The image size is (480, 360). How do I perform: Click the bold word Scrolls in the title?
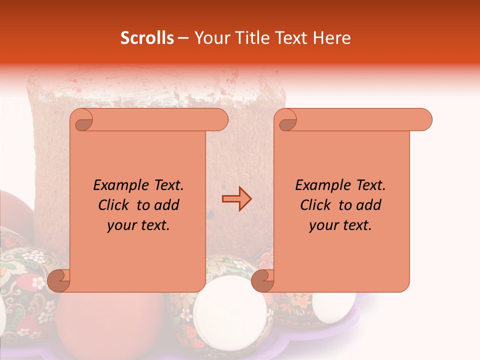(147, 38)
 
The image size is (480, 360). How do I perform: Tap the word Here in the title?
(332, 38)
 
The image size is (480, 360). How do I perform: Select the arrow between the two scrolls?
(237, 199)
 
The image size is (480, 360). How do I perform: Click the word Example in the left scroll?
(116, 185)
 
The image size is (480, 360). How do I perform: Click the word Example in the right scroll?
(318, 185)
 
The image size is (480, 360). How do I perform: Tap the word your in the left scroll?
(121, 225)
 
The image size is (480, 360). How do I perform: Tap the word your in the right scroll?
(323, 225)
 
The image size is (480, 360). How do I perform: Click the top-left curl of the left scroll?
(83, 120)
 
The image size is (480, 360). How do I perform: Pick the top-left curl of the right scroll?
(287, 120)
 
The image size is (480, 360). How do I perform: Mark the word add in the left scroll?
(167, 205)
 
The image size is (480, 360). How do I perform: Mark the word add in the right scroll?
(369, 205)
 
